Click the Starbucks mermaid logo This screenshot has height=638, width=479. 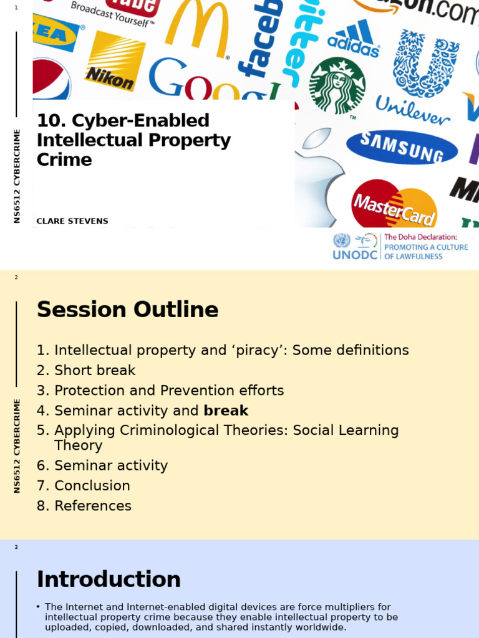click(x=337, y=85)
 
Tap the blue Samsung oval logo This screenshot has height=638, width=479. click(x=402, y=148)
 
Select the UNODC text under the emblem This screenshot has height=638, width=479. click(x=354, y=255)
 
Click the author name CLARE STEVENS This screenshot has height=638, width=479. click(x=72, y=221)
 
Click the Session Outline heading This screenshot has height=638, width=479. click(x=127, y=310)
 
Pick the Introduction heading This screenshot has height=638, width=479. click(x=109, y=579)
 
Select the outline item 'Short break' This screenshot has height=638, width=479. click(x=94, y=370)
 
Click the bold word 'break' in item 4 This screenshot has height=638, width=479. click(x=226, y=411)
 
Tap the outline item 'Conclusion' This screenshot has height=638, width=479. click(x=92, y=485)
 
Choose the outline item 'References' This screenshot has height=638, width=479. click(x=92, y=505)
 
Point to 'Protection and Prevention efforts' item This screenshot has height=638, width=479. click(x=168, y=391)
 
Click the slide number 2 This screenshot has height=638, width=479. click(x=16, y=277)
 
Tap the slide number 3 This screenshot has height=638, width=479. click(x=16, y=547)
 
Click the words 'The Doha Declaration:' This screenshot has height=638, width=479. click(x=420, y=237)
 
